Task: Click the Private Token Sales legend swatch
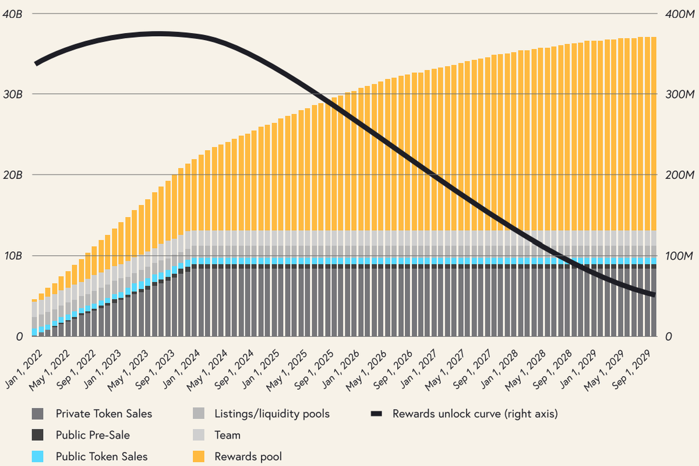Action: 38,414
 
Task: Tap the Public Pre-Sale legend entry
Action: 93,435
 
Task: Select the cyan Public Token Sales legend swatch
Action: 38,456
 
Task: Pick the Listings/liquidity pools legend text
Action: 272,414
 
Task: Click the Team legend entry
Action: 227,435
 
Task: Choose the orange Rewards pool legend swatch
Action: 198,456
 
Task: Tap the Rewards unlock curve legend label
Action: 475,414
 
